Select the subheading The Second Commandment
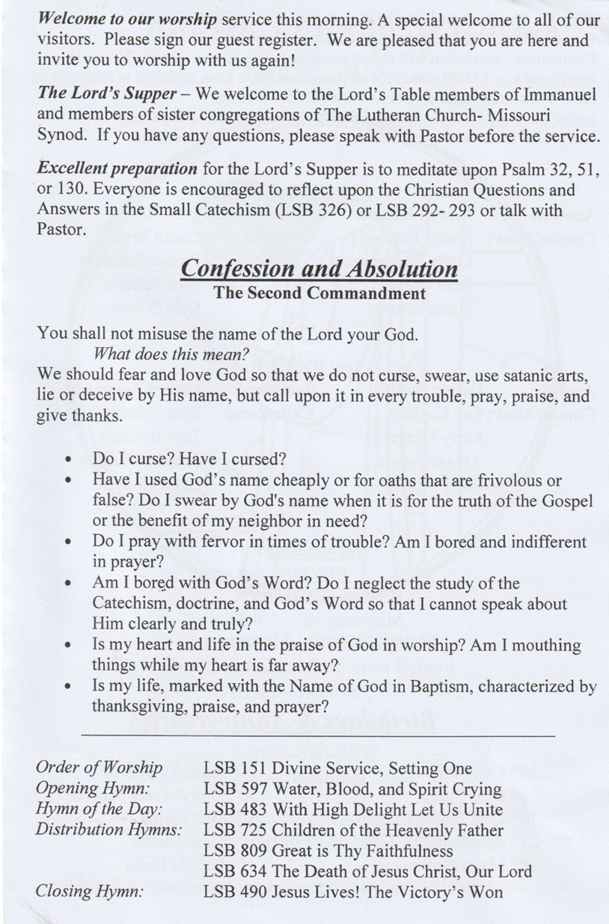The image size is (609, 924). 319,293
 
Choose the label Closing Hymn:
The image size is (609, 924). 89,891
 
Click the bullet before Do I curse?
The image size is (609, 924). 70,459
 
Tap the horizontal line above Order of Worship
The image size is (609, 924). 317,736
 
